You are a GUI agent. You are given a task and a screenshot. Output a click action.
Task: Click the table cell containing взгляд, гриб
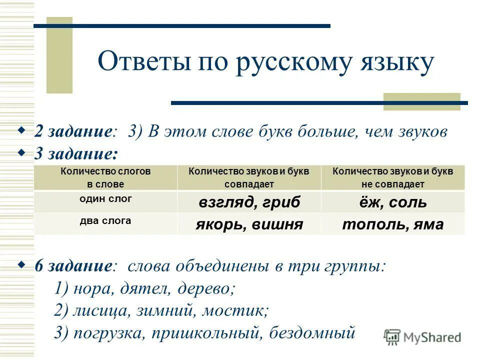point(249,202)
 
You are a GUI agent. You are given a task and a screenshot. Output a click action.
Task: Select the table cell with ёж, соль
point(393,202)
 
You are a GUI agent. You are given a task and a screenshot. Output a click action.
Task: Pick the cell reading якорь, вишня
point(249,224)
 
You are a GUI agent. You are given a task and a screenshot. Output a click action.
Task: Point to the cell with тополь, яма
point(393,224)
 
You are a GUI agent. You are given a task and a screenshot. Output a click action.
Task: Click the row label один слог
point(105,198)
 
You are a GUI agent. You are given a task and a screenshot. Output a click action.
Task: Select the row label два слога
point(105,220)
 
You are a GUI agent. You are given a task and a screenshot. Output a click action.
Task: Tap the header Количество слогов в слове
point(105,177)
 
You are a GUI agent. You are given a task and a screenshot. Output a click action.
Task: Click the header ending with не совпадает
point(393,177)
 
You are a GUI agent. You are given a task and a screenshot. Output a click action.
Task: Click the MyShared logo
point(422,337)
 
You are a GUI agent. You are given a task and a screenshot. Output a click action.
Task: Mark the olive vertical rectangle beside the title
point(59,55)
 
